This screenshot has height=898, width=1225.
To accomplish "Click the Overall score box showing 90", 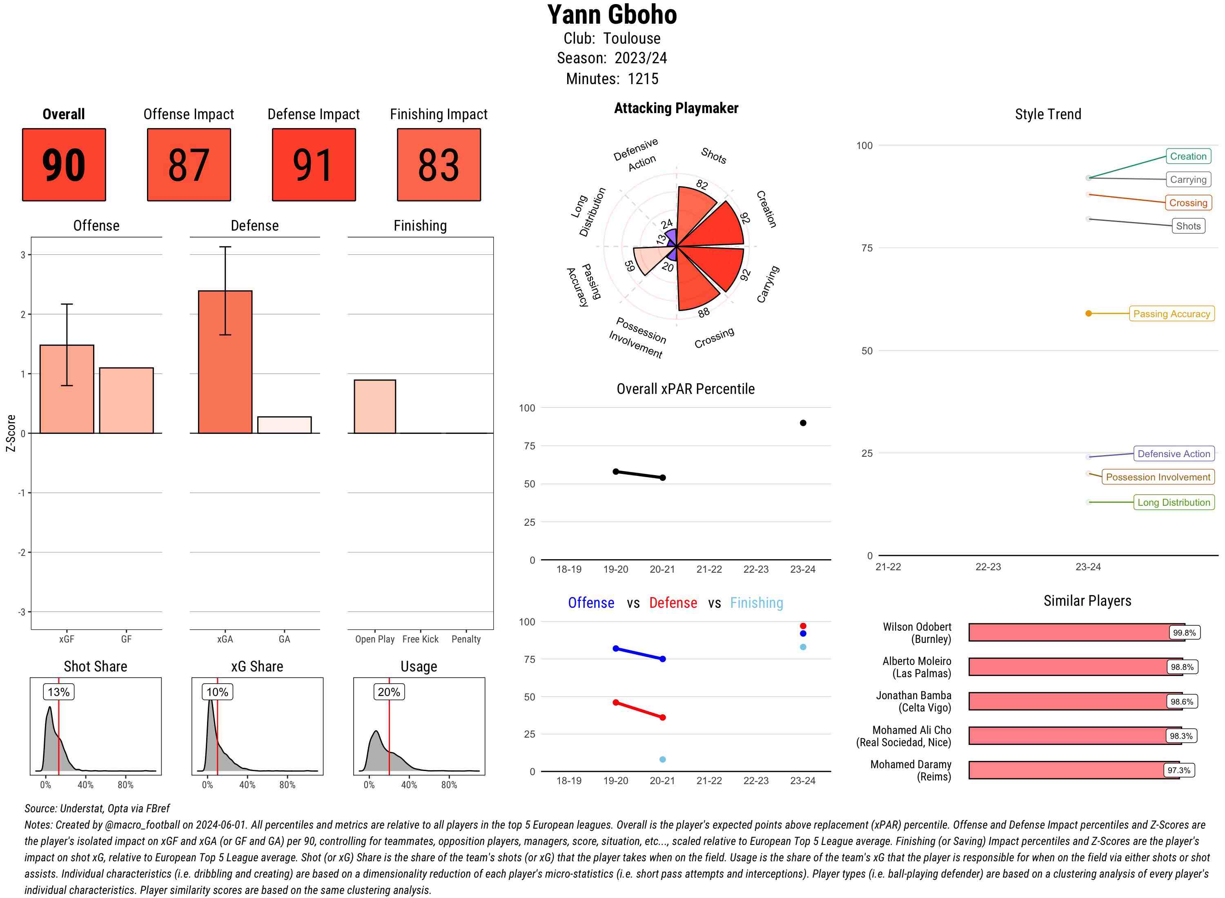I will coord(64,165).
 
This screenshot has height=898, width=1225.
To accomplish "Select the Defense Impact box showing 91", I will coord(314,165).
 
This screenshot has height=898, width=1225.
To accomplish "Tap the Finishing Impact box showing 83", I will coord(439,165).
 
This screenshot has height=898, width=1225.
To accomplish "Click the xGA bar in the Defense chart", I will coord(225,362).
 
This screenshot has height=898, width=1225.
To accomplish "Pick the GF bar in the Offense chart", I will coord(126,400).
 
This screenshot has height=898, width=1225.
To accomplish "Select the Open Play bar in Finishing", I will coord(374,407).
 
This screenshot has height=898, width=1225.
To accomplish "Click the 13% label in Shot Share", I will coord(59,692).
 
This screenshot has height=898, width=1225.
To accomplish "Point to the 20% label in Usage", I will coord(389,692).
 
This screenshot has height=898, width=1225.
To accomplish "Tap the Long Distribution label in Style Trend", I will coord(1174,502).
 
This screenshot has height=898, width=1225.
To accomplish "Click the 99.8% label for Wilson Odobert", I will coord(1184,633).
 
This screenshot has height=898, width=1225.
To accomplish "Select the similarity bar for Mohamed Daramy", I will coord(1074,770).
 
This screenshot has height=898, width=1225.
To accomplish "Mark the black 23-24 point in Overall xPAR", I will coord(803,423).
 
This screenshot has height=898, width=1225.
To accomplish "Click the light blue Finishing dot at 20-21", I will coord(663,759).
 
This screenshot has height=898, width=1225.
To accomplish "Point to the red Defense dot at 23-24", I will coord(803,626).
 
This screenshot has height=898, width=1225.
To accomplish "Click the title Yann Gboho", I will coord(612,15).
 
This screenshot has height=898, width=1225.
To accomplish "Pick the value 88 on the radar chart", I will coord(704,313).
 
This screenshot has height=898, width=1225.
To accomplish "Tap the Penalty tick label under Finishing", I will coord(466,639).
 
